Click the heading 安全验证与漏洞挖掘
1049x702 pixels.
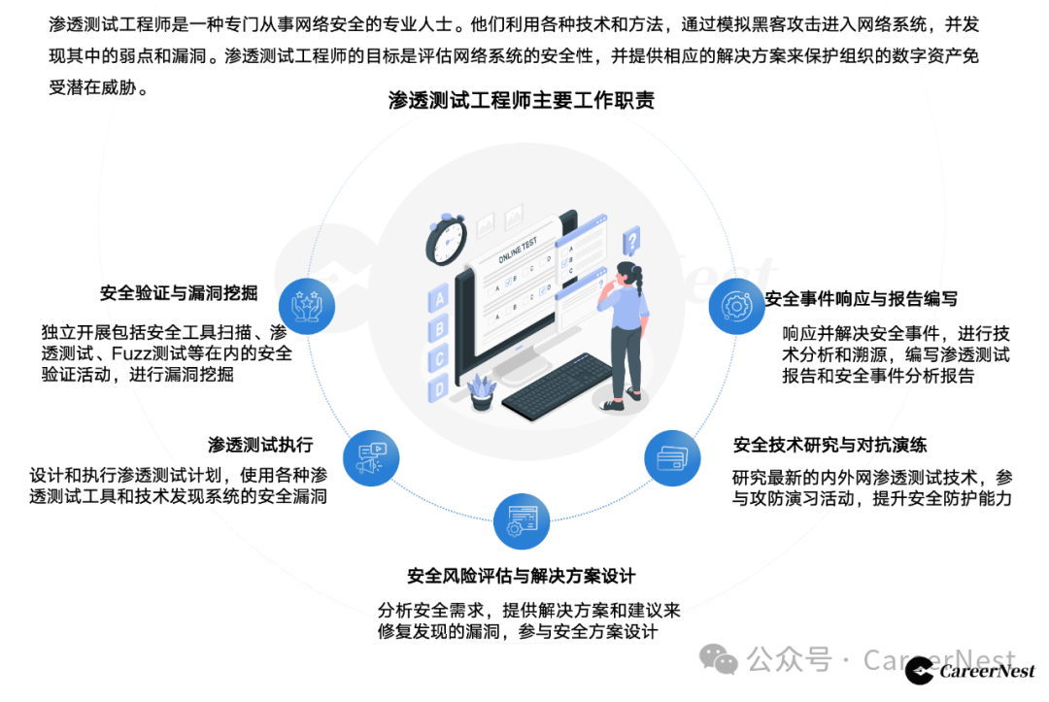(179, 292)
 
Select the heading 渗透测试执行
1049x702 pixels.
(260, 445)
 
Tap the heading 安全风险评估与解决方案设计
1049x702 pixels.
(522, 576)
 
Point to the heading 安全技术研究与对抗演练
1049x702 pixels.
(829, 445)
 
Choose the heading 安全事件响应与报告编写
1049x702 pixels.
(861, 299)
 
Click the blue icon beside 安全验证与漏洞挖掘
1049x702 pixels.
(307, 306)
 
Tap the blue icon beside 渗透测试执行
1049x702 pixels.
(372, 457)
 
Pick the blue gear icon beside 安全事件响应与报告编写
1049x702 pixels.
(737, 307)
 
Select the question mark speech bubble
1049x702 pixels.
(631, 239)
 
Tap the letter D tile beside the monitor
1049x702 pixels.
(440, 388)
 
